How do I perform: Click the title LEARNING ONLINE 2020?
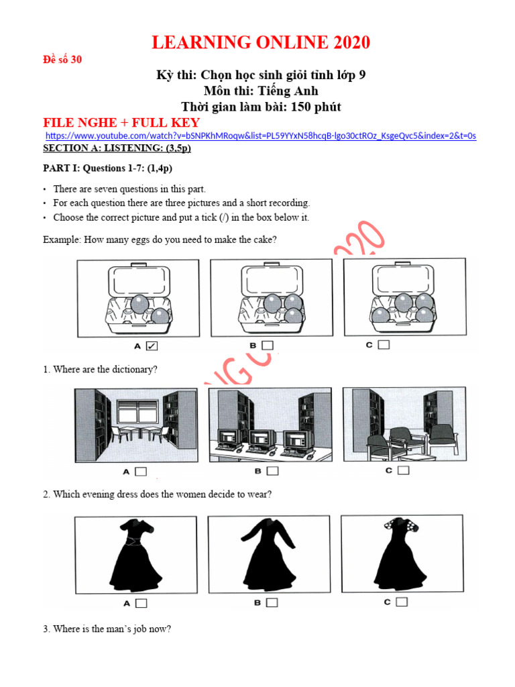pos(261,43)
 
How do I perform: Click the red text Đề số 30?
pos(62,60)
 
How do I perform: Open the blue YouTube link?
pos(261,136)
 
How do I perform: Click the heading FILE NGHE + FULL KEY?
pos(121,122)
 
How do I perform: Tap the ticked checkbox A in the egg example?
pos(152,346)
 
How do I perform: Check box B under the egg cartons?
pos(268,346)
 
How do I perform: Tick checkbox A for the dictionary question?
pos(141,472)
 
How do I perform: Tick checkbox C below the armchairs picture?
pos(402,470)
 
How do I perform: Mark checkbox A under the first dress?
pos(141,603)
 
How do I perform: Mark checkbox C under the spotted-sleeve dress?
pos(402,602)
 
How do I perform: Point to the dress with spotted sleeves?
pos(401,553)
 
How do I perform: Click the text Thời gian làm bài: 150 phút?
pos(261,107)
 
